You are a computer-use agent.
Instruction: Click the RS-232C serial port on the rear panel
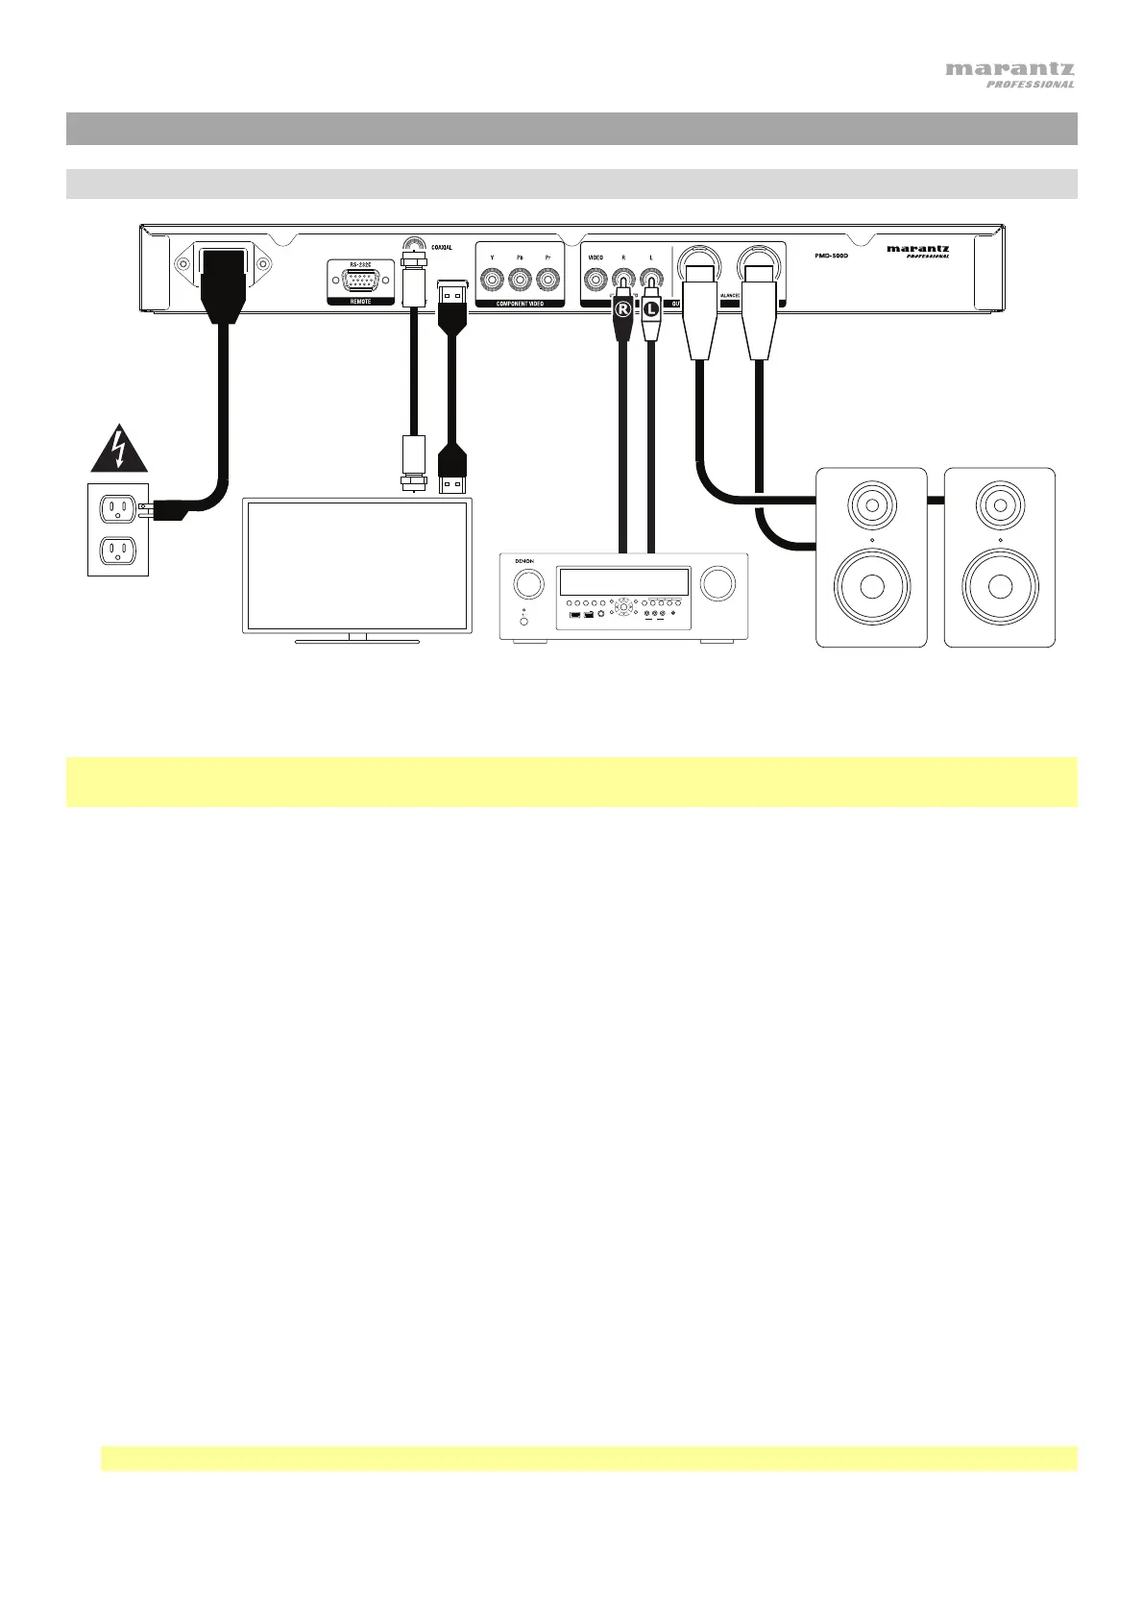(x=360, y=282)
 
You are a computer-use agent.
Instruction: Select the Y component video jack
(x=493, y=281)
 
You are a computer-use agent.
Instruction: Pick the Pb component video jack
(x=520, y=281)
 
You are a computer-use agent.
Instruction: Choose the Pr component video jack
(x=547, y=281)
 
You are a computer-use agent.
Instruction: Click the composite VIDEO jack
(x=596, y=281)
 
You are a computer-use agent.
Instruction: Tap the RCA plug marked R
(x=623, y=310)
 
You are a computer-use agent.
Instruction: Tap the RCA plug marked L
(x=651, y=310)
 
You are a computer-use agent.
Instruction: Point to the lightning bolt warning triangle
(x=119, y=453)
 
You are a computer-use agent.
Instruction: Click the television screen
(x=356, y=564)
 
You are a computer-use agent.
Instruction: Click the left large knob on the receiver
(x=527, y=584)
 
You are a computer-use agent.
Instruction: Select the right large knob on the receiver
(x=717, y=583)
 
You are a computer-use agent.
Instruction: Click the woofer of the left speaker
(x=871, y=586)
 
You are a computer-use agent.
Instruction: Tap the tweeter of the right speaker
(x=1000, y=503)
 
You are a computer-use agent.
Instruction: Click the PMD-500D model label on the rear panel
(x=825, y=256)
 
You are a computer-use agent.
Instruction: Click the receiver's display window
(x=623, y=581)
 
